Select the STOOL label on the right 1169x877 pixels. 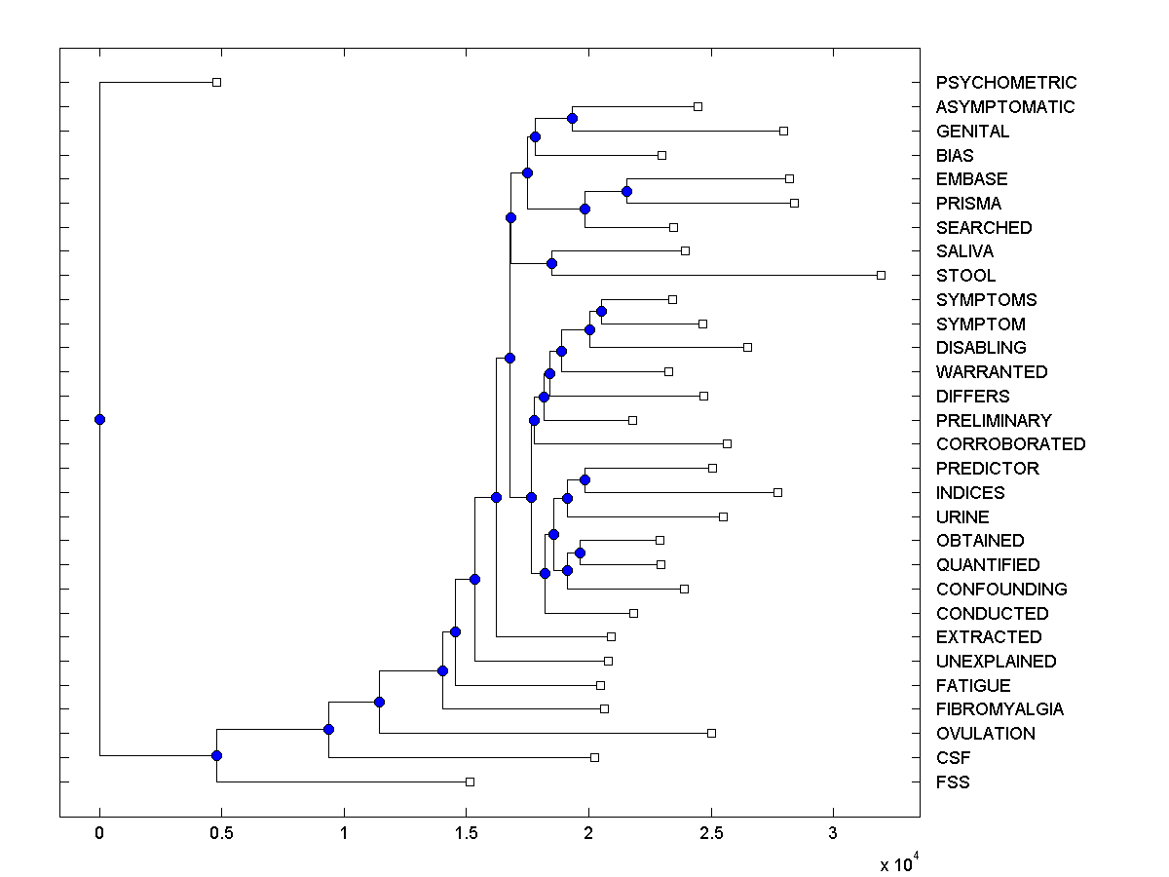click(x=965, y=276)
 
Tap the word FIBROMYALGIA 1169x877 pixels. click(x=999, y=709)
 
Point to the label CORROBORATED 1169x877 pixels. click(x=1010, y=444)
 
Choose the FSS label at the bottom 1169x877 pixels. click(x=953, y=782)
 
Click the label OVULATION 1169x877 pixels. click(x=985, y=734)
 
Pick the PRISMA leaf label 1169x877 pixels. click(x=968, y=204)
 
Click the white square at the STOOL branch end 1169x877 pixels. click(x=881, y=275)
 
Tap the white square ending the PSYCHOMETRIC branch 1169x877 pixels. click(x=216, y=82)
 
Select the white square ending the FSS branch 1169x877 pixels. click(x=470, y=782)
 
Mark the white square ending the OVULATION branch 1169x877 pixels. click(x=711, y=733)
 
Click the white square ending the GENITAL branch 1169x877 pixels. click(x=783, y=131)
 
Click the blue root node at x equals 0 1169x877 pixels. click(x=99, y=419)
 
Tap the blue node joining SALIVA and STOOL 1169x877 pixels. click(x=551, y=263)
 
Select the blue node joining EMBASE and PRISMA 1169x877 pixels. click(x=627, y=191)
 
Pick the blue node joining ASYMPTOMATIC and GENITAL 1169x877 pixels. click(x=572, y=118)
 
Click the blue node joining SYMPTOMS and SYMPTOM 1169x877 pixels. click(x=601, y=311)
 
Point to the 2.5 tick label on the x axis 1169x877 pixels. click(x=710, y=833)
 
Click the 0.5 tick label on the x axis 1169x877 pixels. click(x=221, y=833)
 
